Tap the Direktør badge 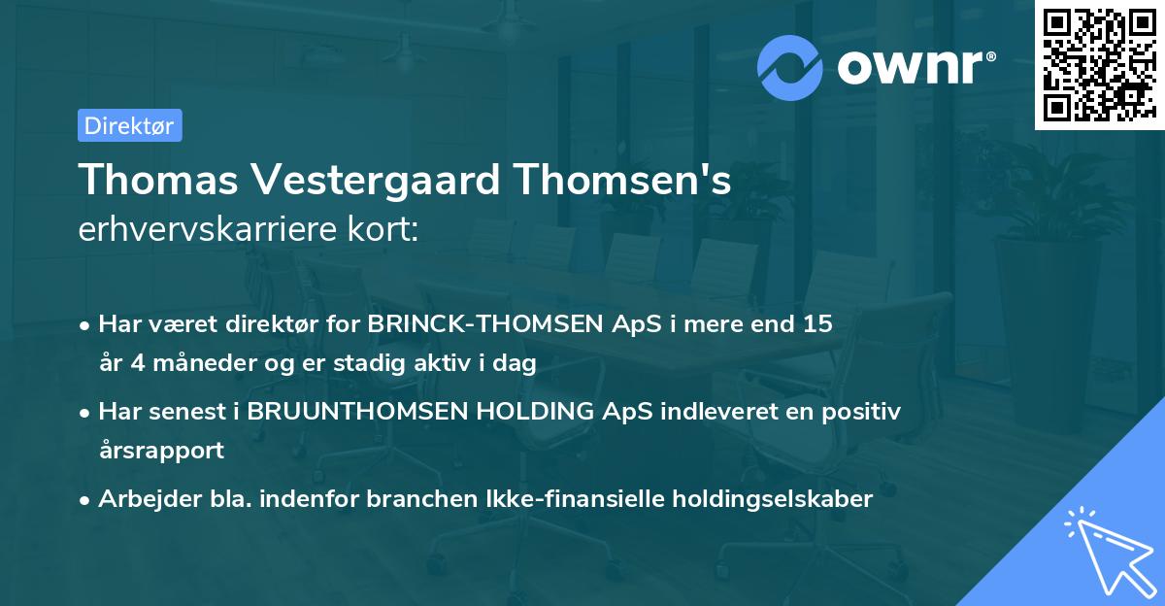coord(129,125)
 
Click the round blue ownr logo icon coord(789,67)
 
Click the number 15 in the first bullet coord(817,324)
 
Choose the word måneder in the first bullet coord(200,363)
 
